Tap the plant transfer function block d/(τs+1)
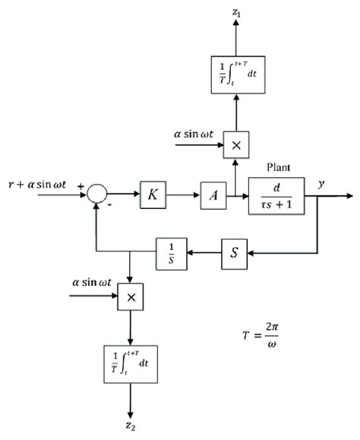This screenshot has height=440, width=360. (276, 195)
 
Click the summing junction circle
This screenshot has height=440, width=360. (96, 196)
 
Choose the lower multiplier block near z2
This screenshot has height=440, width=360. (131, 297)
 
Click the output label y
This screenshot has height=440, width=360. (322, 183)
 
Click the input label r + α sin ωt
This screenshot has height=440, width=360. (41, 184)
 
